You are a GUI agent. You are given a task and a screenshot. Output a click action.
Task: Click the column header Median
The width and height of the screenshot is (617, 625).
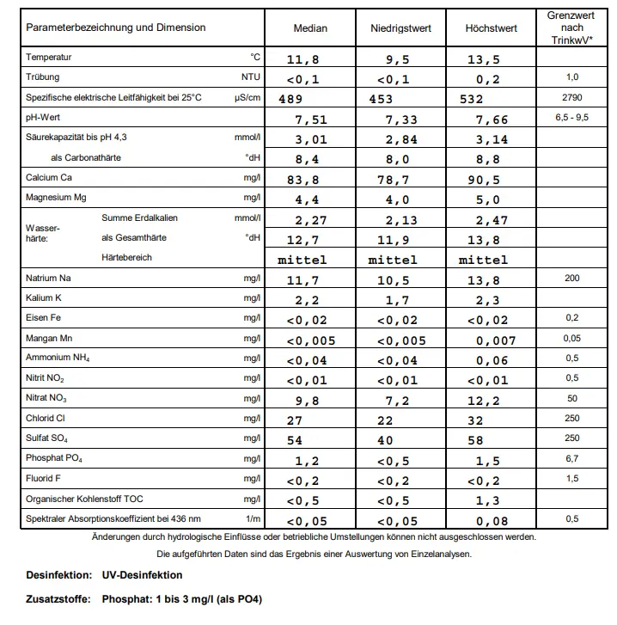click(x=310, y=28)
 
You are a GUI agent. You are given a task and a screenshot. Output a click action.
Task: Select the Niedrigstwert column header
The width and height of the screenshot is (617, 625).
click(x=400, y=28)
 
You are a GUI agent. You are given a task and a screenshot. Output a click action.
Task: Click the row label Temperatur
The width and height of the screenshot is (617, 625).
click(x=49, y=58)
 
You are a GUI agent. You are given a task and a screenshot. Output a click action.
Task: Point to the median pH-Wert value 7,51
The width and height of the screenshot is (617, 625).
click(x=310, y=119)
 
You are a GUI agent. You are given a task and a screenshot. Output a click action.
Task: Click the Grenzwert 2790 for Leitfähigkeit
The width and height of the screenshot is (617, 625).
click(x=571, y=97)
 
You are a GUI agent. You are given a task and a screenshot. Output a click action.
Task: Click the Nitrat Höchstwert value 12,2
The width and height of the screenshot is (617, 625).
click(x=483, y=400)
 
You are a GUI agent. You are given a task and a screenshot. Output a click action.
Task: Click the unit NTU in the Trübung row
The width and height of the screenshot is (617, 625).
click(x=250, y=77)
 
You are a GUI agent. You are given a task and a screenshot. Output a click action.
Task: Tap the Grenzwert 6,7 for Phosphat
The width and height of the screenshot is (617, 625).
click(x=571, y=458)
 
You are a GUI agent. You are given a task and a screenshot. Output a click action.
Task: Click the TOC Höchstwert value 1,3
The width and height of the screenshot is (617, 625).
click(x=486, y=499)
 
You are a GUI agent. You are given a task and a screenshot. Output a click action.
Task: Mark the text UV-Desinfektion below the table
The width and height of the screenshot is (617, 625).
click(x=142, y=575)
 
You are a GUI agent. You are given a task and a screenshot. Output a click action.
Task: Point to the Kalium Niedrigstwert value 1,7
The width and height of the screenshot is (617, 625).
click(x=398, y=301)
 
